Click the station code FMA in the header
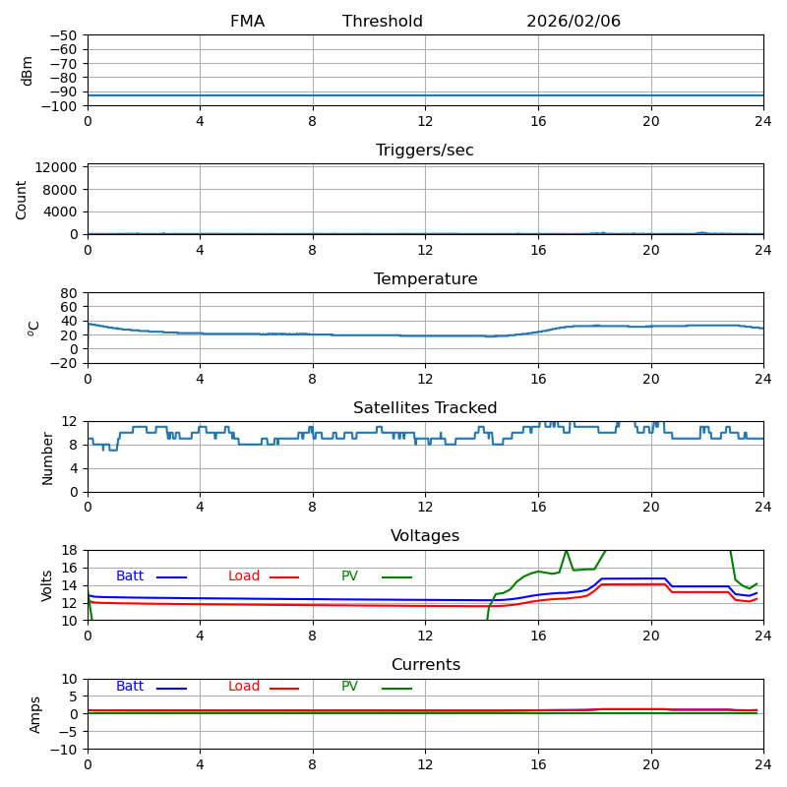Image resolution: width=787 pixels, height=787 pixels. pyautogui.click(x=247, y=22)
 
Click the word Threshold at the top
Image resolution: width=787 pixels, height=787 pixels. pyautogui.click(x=383, y=22)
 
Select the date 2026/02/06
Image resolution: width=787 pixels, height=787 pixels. pyautogui.click(x=574, y=22)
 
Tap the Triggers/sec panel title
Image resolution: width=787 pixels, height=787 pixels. pyautogui.click(x=425, y=151)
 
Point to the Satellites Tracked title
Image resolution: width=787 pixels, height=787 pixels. pyautogui.click(x=425, y=408)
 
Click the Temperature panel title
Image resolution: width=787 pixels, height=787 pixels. pyautogui.click(x=425, y=279)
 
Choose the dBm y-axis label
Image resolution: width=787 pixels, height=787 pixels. pyautogui.click(x=28, y=71)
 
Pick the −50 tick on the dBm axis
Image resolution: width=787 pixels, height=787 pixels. pyautogui.click(x=63, y=35)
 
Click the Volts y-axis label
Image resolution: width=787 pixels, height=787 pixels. pyautogui.click(x=47, y=585)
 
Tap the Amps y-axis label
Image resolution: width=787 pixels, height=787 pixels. pyautogui.click(x=36, y=714)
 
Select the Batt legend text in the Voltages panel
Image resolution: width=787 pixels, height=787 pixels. pyautogui.click(x=130, y=576)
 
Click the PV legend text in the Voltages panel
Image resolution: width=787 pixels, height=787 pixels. pyautogui.click(x=349, y=576)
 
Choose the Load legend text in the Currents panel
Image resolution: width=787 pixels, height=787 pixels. pyautogui.click(x=244, y=687)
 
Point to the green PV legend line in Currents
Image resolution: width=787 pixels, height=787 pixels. pyautogui.click(x=396, y=689)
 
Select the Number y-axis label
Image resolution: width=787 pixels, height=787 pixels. pyautogui.click(x=47, y=457)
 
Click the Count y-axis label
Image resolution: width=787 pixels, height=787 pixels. pyautogui.click(x=22, y=200)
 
